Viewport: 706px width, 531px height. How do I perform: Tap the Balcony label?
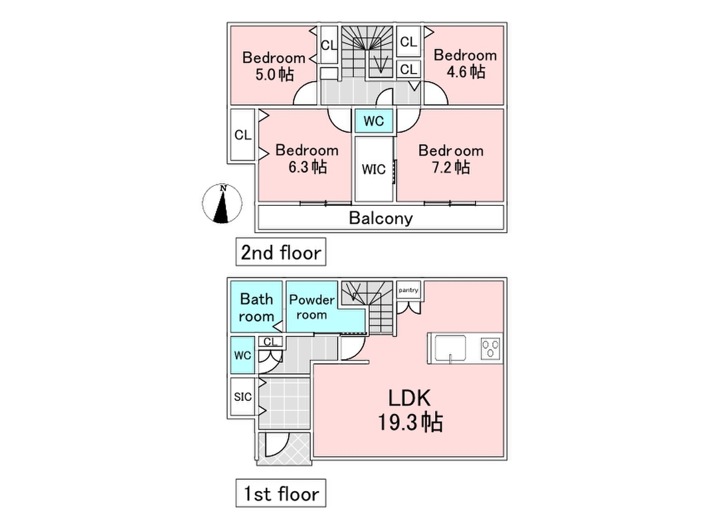point(381,218)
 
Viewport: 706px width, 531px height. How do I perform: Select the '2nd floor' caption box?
point(280,252)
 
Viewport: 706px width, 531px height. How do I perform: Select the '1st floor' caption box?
point(280,494)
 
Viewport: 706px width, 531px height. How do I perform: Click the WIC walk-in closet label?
point(373,169)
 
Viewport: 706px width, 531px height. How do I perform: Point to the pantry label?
point(407,290)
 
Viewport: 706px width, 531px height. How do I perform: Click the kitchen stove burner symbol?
point(491,348)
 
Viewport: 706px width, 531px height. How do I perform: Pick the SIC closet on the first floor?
point(242,397)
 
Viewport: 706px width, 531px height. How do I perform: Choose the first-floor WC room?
point(242,355)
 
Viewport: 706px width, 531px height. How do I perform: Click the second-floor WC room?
point(373,122)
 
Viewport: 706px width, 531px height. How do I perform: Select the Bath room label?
point(256,307)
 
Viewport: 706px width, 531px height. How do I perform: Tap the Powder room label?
point(311,307)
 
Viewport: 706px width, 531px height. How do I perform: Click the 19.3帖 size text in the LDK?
point(410,422)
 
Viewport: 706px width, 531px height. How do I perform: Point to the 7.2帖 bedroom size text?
point(453,167)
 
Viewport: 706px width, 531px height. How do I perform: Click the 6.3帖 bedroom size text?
point(307,167)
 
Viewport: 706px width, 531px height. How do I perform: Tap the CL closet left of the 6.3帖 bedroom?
point(242,135)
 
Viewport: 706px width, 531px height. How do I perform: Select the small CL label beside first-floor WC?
point(270,342)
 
